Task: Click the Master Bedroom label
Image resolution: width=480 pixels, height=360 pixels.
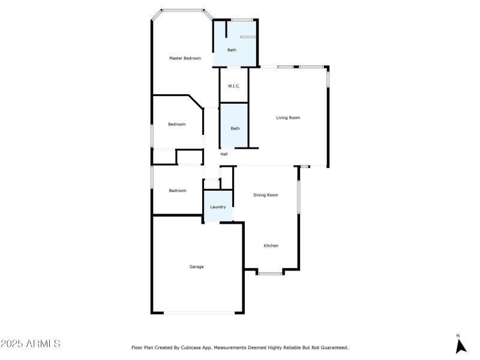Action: point(185,58)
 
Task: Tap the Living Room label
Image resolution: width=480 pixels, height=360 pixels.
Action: point(288,118)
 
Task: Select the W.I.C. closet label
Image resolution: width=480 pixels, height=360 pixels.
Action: point(233,86)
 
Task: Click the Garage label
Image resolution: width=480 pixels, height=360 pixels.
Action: point(197,266)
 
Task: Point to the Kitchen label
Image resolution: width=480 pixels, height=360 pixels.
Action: point(271,245)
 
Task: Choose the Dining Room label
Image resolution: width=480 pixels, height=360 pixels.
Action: point(265,195)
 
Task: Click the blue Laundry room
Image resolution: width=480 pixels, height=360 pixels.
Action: point(218,206)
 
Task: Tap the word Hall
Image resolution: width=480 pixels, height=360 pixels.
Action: point(224,154)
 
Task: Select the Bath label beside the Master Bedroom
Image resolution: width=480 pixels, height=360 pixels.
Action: point(232,50)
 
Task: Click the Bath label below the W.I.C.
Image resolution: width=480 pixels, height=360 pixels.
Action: point(235,128)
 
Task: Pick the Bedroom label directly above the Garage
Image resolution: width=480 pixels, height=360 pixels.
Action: point(178,191)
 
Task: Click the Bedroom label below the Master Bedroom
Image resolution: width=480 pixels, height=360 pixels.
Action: point(176,124)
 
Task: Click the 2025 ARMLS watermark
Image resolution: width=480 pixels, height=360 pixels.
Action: point(31,343)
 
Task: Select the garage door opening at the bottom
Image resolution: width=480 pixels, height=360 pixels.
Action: point(199,313)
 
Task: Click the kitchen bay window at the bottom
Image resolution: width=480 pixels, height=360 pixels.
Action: point(270,274)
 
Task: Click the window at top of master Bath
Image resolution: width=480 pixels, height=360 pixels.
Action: point(242,20)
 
